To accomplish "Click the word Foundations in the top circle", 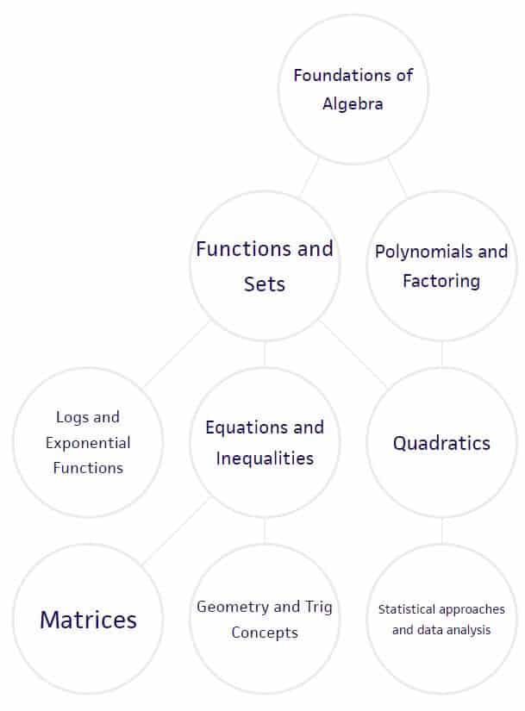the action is pyautogui.click(x=344, y=75).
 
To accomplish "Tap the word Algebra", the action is pyautogui.click(x=353, y=103).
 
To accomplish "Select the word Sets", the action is pyautogui.click(x=265, y=284).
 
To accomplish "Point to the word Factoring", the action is pyautogui.click(x=441, y=281).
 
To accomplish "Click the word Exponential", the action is pyautogui.click(x=88, y=443).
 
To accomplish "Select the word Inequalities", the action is pyautogui.click(x=265, y=458).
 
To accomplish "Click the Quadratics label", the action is pyautogui.click(x=441, y=443).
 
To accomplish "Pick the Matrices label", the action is pyautogui.click(x=88, y=620).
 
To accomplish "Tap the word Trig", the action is pyautogui.click(x=318, y=607).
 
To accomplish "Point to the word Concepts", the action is pyautogui.click(x=265, y=633).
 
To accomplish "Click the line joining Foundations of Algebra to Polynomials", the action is pyautogui.click(x=397, y=178).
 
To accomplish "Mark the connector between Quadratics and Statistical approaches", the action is pyautogui.click(x=442, y=531).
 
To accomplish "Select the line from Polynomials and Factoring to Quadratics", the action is pyautogui.click(x=442, y=354).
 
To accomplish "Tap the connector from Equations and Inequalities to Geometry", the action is pyautogui.click(x=265, y=531).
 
